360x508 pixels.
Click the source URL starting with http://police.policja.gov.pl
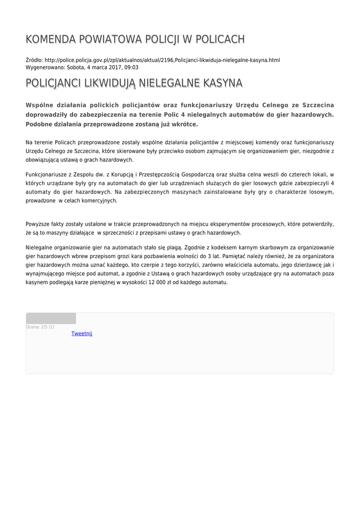point(162,60)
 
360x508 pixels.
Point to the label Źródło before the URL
point(34,60)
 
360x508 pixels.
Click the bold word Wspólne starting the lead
point(41,105)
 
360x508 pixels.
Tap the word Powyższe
point(38,224)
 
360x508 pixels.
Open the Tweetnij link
point(82,333)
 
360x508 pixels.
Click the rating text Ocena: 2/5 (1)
point(40,327)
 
